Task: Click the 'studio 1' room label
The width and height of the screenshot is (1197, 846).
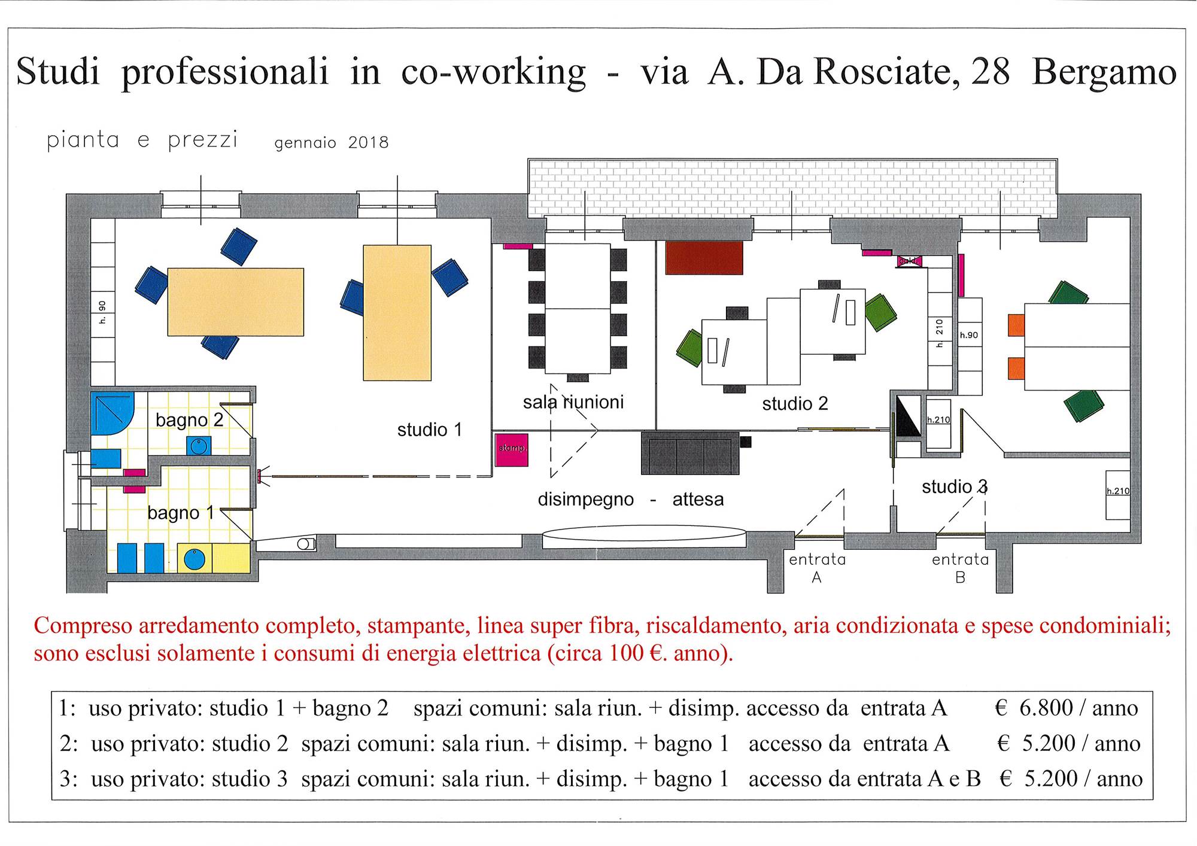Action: click(x=430, y=430)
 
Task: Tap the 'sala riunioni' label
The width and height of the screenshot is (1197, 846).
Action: click(x=573, y=402)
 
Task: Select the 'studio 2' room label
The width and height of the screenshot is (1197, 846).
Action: click(x=795, y=404)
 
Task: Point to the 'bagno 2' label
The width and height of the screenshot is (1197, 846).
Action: click(x=189, y=420)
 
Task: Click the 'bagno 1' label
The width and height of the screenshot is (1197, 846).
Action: click(x=181, y=513)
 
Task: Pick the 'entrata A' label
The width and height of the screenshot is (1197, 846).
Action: click(x=817, y=568)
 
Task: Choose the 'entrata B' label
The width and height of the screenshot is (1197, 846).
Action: click(x=960, y=568)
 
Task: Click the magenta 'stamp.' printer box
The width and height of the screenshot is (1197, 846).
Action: click(x=512, y=449)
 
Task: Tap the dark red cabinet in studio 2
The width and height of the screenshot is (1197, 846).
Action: click(x=704, y=258)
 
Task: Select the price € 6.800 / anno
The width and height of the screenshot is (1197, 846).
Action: click(x=1066, y=708)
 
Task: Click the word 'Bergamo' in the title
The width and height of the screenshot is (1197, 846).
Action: click(x=1104, y=72)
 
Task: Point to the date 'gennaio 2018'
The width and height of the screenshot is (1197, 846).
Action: click(x=332, y=143)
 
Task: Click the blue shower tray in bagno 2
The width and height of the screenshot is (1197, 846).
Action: click(x=111, y=413)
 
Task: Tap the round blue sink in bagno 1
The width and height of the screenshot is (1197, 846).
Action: click(x=195, y=559)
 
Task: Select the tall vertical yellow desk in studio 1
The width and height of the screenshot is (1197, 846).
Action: click(x=397, y=312)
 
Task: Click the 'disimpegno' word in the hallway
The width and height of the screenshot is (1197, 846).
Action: click(x=585, y=500)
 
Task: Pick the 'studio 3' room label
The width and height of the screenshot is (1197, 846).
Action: click(x=955, y=486)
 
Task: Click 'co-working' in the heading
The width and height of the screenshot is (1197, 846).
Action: click(x=493, y=72)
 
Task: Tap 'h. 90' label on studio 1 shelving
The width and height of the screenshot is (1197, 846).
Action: click(x=102, y=312)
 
